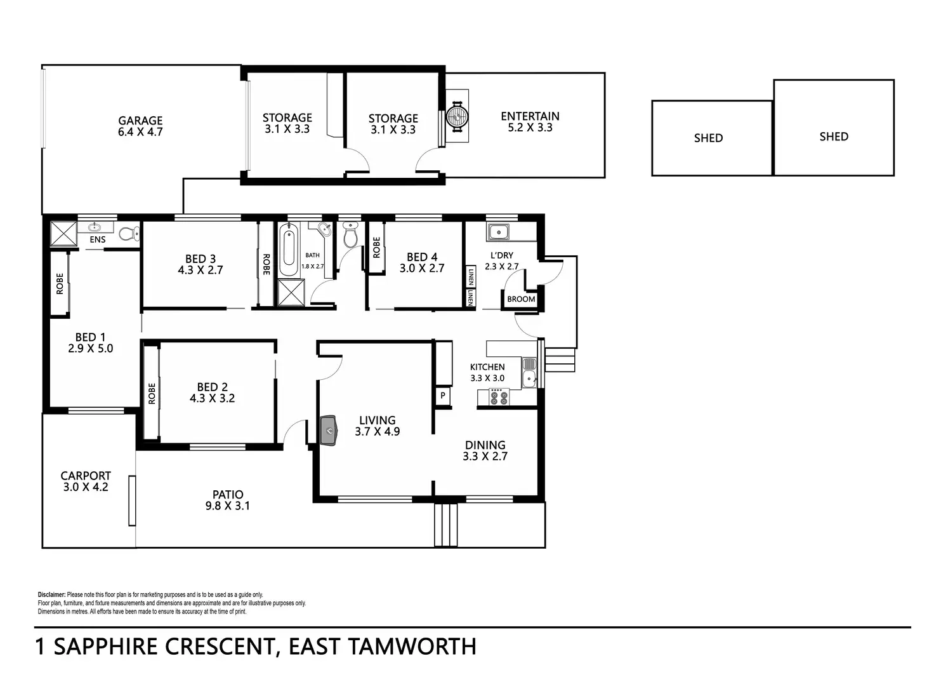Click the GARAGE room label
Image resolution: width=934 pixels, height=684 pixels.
coord(140,121)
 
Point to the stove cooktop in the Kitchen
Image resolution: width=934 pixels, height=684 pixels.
coord(499,398)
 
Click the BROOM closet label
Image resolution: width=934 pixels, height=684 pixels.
coord(521,299)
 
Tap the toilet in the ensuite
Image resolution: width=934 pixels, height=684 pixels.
coord(128,234)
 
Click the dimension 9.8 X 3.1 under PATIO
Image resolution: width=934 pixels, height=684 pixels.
coord(228,506)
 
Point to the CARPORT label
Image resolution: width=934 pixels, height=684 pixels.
coord(86,476)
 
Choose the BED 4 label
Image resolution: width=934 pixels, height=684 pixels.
coord(422,257)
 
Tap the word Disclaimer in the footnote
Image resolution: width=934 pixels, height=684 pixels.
coord(51,595)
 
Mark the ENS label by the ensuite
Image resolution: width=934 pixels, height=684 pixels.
coord(98,240)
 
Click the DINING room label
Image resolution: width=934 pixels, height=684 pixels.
coord(485,445)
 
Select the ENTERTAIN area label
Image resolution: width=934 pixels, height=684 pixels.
coord(530,116)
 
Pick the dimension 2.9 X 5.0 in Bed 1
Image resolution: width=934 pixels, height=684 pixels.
coord(91,349)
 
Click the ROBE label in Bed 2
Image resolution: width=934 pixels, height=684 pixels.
coord(152,394)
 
